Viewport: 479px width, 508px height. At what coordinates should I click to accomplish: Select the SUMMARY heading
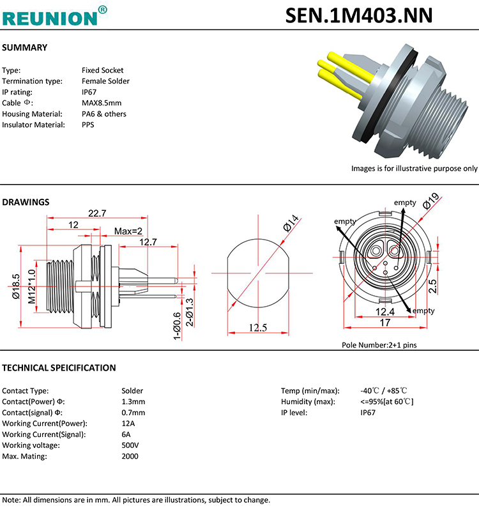25,47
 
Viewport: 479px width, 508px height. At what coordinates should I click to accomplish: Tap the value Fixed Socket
102,70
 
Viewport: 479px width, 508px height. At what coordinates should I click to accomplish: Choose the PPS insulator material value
88,125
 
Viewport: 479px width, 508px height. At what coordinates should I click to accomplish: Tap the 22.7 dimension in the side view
97,213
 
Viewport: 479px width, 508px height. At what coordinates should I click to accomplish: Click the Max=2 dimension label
128,231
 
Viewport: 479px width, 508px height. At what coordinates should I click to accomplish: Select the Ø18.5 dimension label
16,287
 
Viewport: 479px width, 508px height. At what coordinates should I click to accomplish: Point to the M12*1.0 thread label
32,287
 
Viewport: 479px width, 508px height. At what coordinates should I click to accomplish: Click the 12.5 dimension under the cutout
257,327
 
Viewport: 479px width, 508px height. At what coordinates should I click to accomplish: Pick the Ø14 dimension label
291,223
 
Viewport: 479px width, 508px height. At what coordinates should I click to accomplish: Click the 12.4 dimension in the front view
384,311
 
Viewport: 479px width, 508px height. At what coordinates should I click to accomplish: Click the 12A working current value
128,423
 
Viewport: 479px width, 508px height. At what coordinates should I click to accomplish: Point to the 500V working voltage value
130,445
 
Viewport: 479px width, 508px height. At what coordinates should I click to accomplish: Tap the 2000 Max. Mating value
130,456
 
